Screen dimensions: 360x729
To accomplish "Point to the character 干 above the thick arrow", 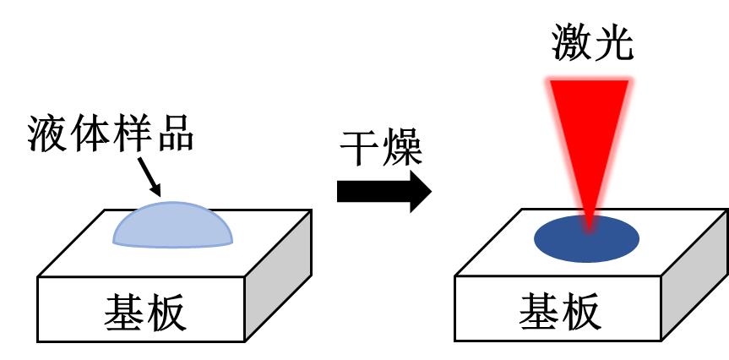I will (x=360, y=150).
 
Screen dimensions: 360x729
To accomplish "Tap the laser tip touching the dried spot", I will (x=589, y=224).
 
